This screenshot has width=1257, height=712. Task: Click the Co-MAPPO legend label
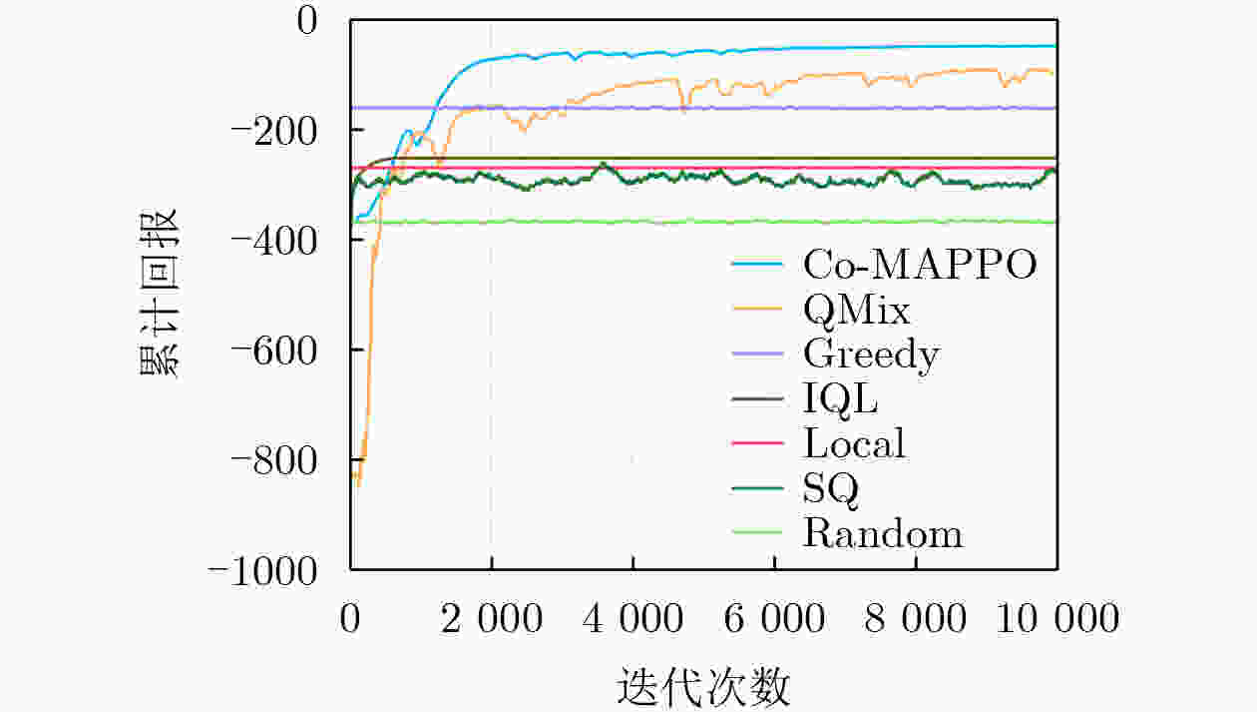pyautogui.click(x=920, y=264)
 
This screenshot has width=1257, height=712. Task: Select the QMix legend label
pyautogui.click(x=856, y=311)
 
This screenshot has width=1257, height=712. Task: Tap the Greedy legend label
pyautogui.click(x=872, y=356)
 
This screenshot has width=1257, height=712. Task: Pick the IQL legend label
pyautogui.click(x=841, y=400)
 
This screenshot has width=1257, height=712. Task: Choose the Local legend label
pyautogui.click(x=855, y=443)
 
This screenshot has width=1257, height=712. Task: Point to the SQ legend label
pyautogui.click(x=831, y=489)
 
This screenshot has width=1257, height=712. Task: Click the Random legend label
pyautogui.click(x=883, y=533)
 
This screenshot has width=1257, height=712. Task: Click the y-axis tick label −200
pyautogui.click(x=273, y=132)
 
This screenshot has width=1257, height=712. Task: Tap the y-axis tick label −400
pyautogui.click(x=273, y=242)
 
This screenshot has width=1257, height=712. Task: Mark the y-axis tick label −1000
pyautogui.click(x=262, y=571)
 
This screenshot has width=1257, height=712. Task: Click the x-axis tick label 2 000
pyautogui.click(x=492, y=618)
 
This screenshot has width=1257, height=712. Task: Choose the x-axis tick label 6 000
pyautogui.click(x=774, y=618)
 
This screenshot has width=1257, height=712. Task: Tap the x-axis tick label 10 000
pyautogui.click(x=1057, y=618)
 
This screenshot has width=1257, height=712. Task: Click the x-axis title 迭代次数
pyautogui.click(x=703, y=686)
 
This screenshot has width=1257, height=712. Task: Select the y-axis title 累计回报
pyautogui.click(x=160, y=294)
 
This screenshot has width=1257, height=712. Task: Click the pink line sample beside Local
pyautogui.click(x=757, y=443)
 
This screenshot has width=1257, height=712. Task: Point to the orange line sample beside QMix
pyautogui.click(x=757, y=309)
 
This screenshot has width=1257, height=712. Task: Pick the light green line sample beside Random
pyautogui.click(x=757, y=532)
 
